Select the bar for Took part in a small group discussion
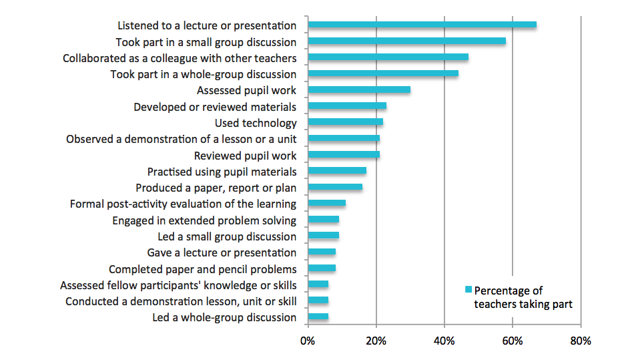point(406,41)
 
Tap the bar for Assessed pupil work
point(359,89)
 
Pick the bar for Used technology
point(345,122)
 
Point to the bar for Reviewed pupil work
point(344,155)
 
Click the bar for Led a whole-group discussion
point(318,317)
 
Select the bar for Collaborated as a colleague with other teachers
point(388,57)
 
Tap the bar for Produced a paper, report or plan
point(335,187)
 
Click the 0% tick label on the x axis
point(308,341)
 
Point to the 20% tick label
point(376,341)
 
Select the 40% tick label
point(444,341)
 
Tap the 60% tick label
point(513,341)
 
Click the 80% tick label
point(581,341)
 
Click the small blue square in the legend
point(468,290)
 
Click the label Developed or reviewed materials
point(215,107)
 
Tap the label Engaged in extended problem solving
point(204,220)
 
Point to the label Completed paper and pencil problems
point(202,269)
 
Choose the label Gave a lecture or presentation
point(222,252)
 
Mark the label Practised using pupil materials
point(222,172)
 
